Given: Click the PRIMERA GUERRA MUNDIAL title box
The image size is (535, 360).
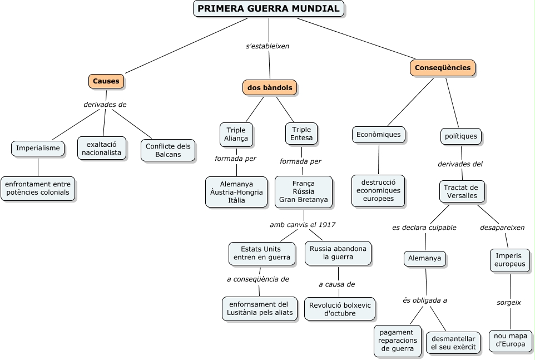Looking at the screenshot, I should [x=269, y=9].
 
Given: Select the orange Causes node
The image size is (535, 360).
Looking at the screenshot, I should [x=106, y=81].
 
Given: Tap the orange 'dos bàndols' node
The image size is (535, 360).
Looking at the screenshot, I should [x=270, y=88].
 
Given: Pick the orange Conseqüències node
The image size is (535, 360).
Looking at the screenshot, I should [x=443, y=68].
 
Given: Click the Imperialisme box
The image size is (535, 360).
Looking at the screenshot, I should [x=38, y=149].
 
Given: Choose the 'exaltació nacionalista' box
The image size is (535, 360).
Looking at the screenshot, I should [x=101, y=148].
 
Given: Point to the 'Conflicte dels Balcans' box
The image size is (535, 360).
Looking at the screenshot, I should [x=168, y=150].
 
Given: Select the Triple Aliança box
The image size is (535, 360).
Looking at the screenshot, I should [x=236, y=135].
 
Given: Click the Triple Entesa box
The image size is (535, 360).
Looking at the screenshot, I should [x=301, y=134].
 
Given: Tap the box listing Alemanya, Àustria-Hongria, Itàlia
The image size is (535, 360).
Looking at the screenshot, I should [x=236, y=192].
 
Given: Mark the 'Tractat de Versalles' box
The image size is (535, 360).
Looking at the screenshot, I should [x=462, y=191].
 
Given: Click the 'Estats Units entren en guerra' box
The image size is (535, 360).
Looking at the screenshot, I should [x=262, y=253].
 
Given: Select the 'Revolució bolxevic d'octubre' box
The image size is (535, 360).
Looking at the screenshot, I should [x=340, y=309].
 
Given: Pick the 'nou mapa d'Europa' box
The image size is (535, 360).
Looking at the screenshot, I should [x=510, y=340].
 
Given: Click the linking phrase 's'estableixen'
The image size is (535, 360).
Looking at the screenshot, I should [x=267, y=46].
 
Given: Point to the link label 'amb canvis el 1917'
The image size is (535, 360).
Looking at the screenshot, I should [x=303, y=225].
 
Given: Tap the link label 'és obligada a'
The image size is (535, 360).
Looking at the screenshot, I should [x=425, y=300].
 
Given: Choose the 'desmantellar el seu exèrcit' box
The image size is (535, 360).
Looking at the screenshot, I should [x=453, y=343].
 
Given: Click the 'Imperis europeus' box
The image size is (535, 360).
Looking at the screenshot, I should [x=510, y=260].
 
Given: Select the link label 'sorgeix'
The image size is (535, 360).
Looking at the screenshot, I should [x=509, y=303].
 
